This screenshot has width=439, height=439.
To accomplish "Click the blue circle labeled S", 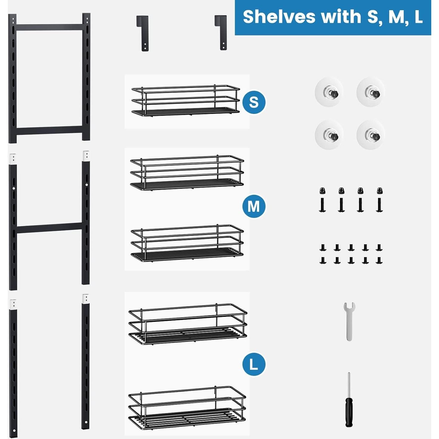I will [x=254, y=102].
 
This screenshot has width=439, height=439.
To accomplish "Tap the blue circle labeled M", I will [x=254, y=206].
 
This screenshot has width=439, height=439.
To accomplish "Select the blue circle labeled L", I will [x=254, y=364].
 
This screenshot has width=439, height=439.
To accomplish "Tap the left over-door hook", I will [x=143, y=33].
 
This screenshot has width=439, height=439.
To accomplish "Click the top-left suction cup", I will [x=329, y=92].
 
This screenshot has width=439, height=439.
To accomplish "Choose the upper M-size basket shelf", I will [x=187, y=173].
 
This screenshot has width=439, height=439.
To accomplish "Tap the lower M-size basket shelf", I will [x=187, y=243].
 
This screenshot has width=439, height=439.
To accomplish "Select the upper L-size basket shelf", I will [x=188, y=324].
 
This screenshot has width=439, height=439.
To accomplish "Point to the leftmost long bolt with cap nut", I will [x=322, y=200].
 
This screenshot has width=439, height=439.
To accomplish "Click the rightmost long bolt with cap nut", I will [x=379, y=200].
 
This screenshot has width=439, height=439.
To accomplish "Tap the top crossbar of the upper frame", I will [x=49, y=27].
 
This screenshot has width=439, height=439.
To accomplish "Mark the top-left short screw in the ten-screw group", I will [x=323, y=248].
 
